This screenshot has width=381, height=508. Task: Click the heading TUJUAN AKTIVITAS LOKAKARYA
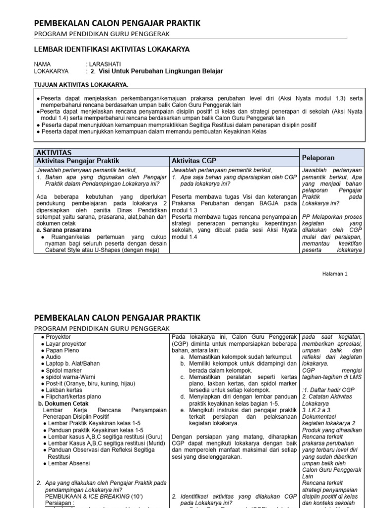click(81, 84)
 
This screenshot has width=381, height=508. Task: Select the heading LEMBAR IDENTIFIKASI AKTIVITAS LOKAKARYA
click(111, 49)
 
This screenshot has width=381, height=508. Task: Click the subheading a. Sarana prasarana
click(64, 230)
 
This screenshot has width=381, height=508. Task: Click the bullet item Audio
click(54, 357)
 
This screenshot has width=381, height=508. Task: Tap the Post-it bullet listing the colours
click(84, 384)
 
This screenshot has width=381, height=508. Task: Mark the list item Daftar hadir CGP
click(328, 389)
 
